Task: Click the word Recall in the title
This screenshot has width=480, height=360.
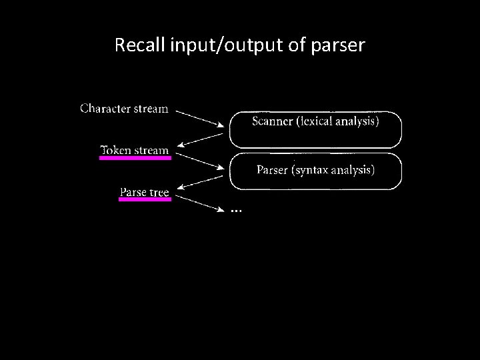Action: point(135,45)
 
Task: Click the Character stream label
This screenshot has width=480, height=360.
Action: point(124,108)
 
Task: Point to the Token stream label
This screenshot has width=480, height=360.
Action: point(134,150)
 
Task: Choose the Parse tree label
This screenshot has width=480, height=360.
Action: point(144,193)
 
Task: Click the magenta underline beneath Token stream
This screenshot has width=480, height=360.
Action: point(135,159)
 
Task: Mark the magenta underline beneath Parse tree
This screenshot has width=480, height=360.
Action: point(145,199)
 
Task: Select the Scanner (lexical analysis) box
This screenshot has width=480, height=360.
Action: point(315,129)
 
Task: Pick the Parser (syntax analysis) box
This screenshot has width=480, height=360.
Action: point(315,171)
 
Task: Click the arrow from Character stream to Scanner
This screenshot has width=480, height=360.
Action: point(200,117)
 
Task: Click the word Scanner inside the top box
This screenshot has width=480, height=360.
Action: point(271,121)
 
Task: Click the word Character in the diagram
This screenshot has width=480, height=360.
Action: point(105,108)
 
